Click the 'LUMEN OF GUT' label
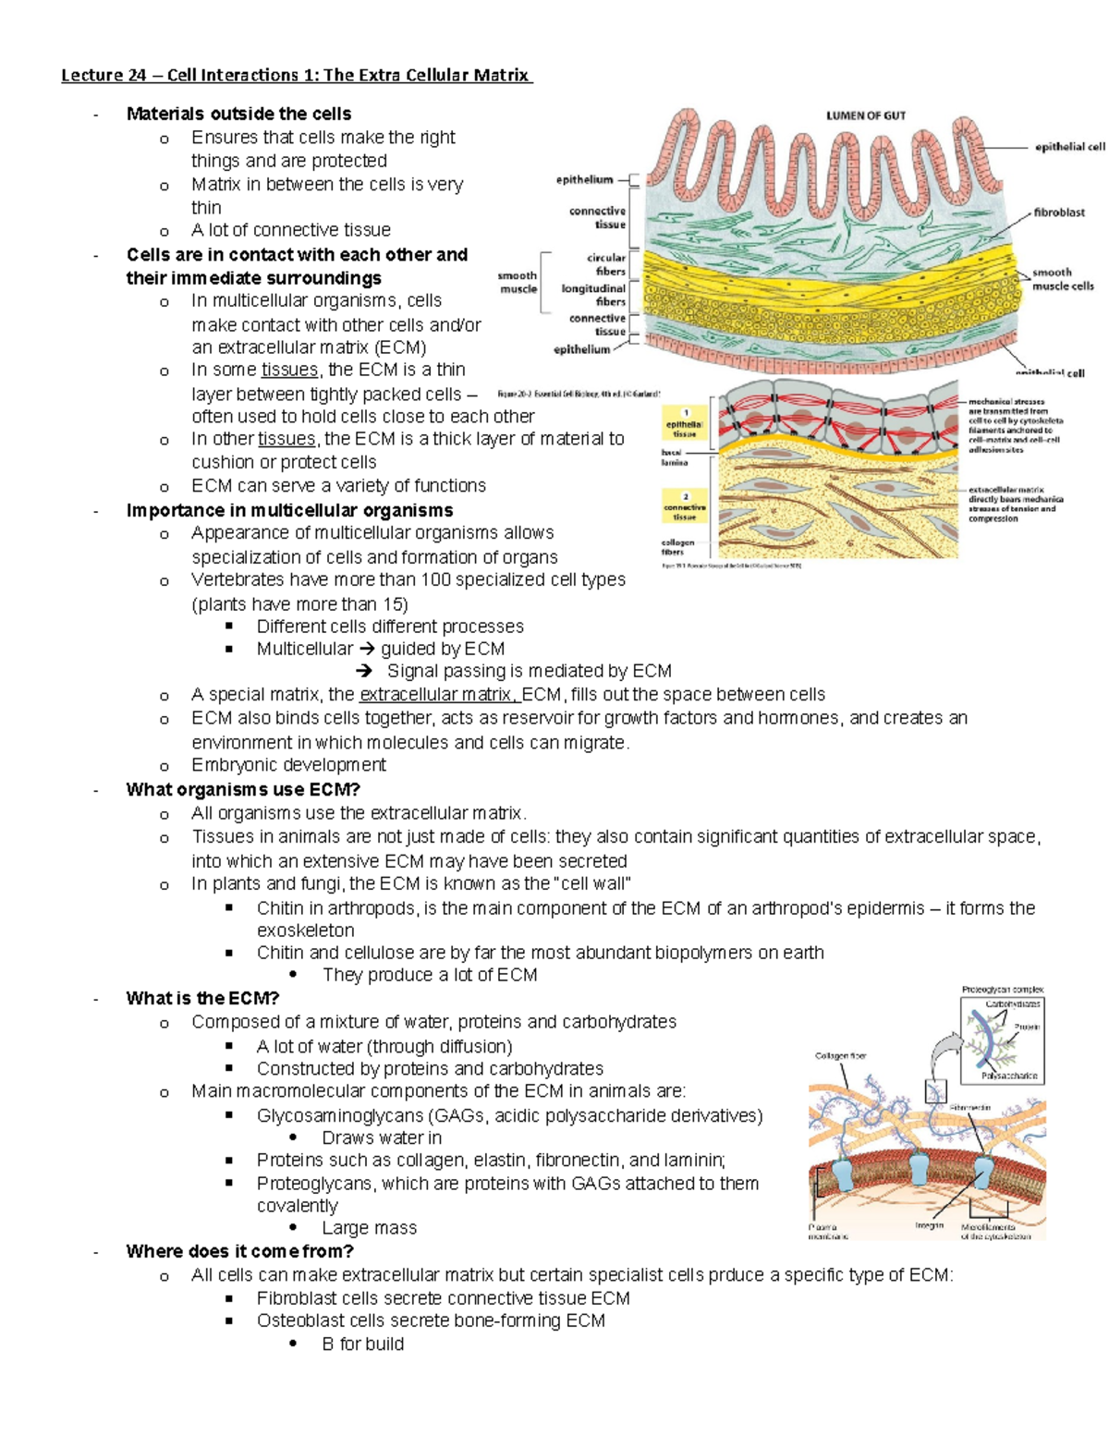865,116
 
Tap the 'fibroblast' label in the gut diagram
1059,213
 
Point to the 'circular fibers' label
606,264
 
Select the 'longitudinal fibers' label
593,295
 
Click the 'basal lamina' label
674,457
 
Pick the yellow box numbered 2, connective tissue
685,507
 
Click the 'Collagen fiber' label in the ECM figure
840,1055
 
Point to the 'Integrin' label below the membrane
929,1225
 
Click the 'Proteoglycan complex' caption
1002,990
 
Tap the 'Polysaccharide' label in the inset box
1009,1076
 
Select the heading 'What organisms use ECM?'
243,789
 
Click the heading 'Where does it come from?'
239,1251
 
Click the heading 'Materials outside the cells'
238,114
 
